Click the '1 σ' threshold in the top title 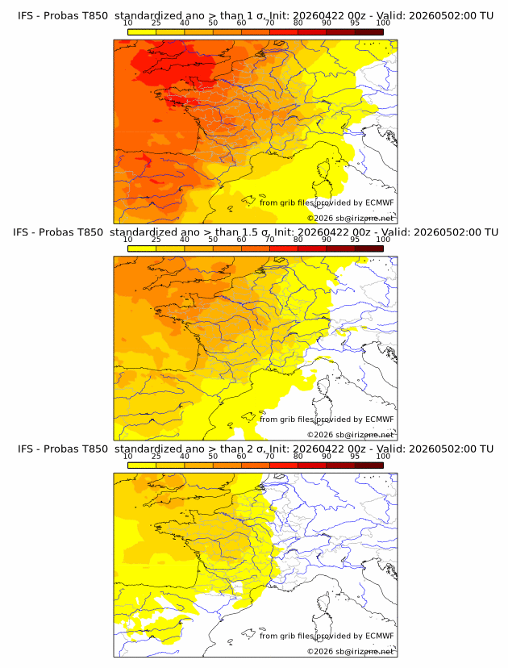[261, 15]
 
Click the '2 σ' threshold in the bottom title [261, 449]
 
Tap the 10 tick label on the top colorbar [127, 23]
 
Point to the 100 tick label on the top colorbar [383, 23]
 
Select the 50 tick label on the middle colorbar [213, 240]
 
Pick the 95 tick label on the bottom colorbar [355, 456]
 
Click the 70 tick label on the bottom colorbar [269, 456]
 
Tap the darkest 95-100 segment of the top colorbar [369, 31]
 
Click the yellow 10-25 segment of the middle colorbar [142, 248]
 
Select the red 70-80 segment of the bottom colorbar [284, 466]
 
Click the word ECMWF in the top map [379, 202]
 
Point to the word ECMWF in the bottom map [379, 636]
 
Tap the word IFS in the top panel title [26, 15]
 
